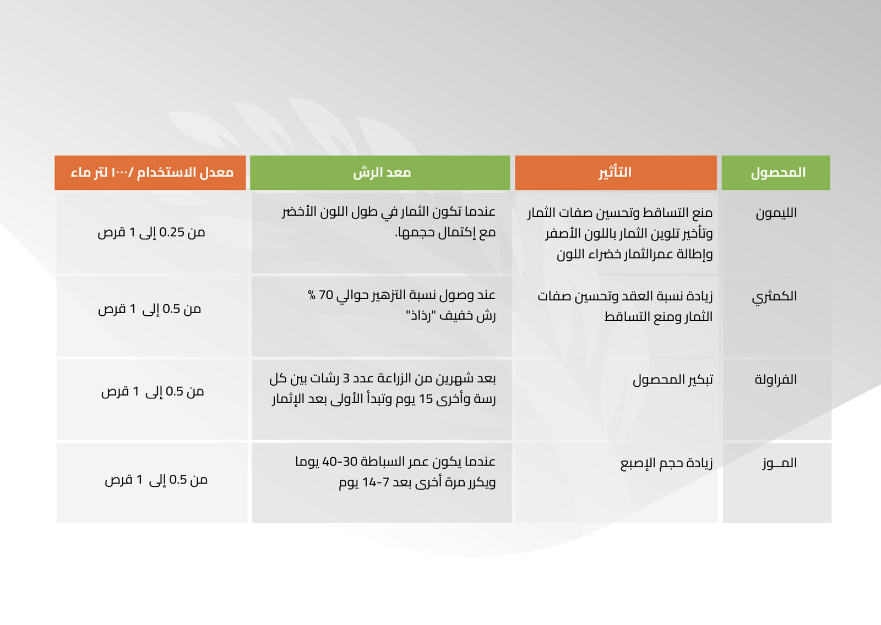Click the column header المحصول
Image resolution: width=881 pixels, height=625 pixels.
[778, 173]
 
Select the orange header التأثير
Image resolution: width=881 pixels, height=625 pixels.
[614, 172]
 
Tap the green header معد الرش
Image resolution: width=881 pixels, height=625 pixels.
[382, 173]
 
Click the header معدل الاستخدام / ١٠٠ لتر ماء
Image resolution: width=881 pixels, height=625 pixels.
[152, 173]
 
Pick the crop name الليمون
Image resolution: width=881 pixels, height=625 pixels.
[776, 213]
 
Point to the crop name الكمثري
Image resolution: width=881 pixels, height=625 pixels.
[774, 297]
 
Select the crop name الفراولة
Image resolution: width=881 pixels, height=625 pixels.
[776, 380]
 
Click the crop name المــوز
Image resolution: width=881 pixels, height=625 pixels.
[780, 463]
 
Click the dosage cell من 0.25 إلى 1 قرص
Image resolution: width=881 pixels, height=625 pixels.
[151, 233]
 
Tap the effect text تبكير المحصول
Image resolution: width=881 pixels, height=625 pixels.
[672, 380]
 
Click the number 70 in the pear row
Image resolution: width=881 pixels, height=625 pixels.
[326, 295]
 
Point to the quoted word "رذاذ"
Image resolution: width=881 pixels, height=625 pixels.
[420, 316]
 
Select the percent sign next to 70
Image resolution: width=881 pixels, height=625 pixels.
[312, 295]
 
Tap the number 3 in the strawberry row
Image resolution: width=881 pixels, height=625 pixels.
[346, 379]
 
